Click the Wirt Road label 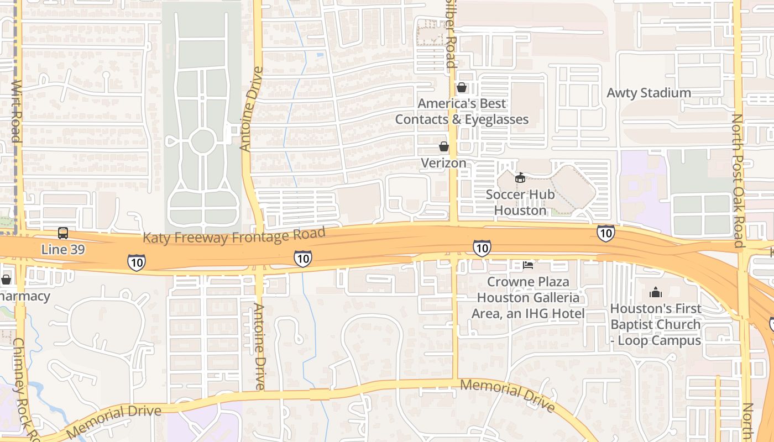coord(17,111)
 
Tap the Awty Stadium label coord(649,93)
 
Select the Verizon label coord(443,163)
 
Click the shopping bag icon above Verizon coord(443,146)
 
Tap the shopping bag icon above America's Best coord(462,88)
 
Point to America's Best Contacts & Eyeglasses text coord(462,111)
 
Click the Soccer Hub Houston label coord(520,202)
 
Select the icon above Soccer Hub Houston coord(520,178)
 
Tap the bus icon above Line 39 coord(63,233)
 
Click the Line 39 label coord(63,250)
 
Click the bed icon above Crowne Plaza coord(528,265)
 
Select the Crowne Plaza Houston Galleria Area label coord(528,298)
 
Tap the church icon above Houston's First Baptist coord(656,292)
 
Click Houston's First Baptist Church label coord(656,324)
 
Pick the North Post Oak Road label coord(738,180)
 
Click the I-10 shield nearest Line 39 coord(136,262)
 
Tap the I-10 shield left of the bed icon coord(482,248)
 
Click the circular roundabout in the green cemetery coord(202,141)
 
